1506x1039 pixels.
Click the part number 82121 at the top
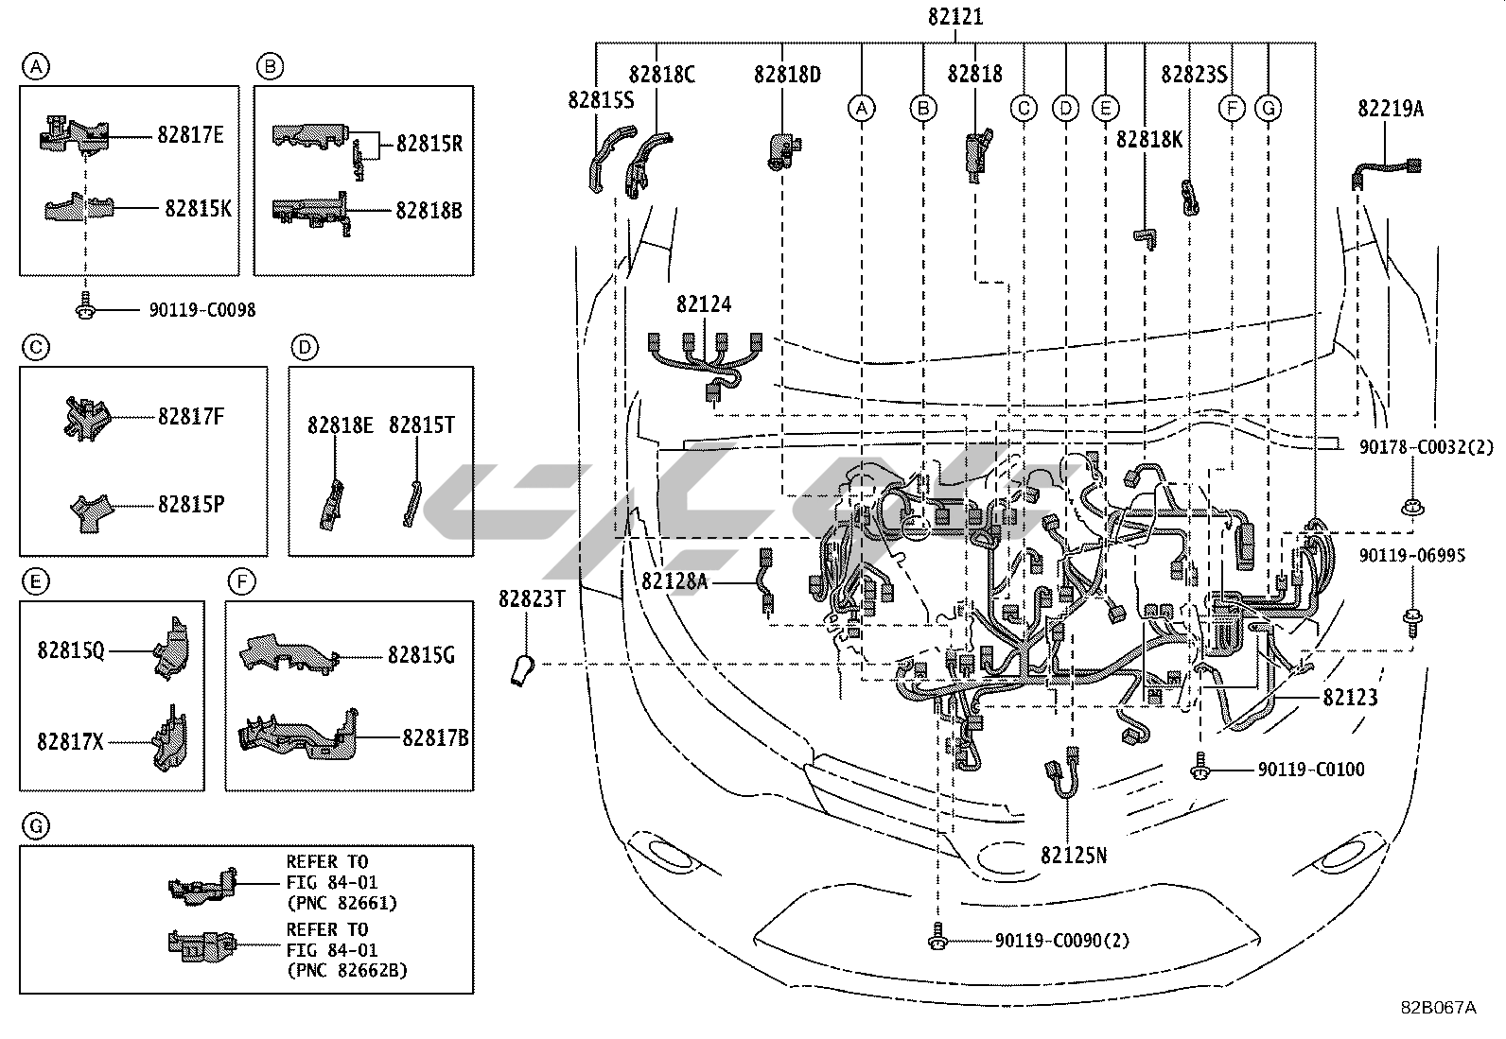pos(955,17)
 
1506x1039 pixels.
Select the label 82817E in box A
pos(190,135)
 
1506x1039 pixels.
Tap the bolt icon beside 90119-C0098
pos(85,305)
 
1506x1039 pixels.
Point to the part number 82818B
pos(429,211)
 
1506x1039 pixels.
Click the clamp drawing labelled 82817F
pos(85,418)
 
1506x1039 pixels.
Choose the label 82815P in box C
pos(191,505)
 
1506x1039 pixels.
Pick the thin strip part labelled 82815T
pos(412,503)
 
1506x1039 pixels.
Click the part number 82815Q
pos(71,650)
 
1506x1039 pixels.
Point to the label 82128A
pos(674,581)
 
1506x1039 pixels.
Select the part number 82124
pos(703,304)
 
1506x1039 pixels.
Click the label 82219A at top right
pos(1391,109)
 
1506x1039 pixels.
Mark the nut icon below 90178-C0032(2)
pos(1411,507)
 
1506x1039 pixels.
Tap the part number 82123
pos(1350,698)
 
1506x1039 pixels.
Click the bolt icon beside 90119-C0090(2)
pos(937,936)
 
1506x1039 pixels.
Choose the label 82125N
pos(1073,856)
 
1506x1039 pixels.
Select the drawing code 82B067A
pos(1438,1008)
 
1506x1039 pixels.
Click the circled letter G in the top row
pos(1268,108)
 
